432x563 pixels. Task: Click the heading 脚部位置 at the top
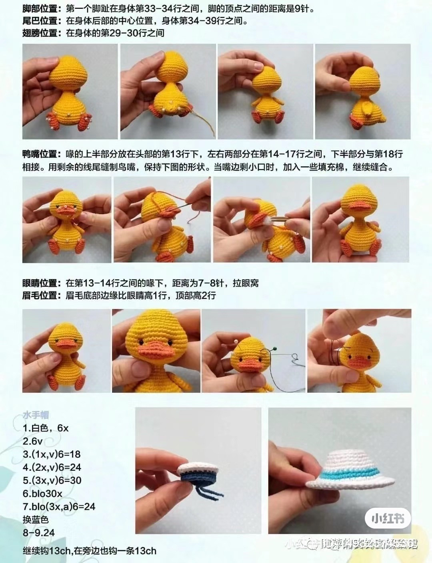pyautogui.click(x=42, y=8)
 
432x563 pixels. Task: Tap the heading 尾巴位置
pyautogui.click(x=42, y=21)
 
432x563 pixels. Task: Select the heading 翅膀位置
pyautogui.click(x=42, y=33)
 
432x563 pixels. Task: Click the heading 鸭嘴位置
pyautogui.click(x=42, y=154)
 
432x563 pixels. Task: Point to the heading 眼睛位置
pyautogui.click(x=42, y=283)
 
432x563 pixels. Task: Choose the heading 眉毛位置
pyautogui.click(x=42, y=296)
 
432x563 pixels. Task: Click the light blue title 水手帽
pyautogui.click(x=36, y=415)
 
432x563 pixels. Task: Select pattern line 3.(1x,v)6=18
pyautogui.click(x=52, y=454)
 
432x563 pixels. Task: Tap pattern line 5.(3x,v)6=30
pyautogui.click(x=52, y=480)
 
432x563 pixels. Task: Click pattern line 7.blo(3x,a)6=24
pyautogui.click(x=59, y=506)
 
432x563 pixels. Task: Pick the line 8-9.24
pyautogui.click(x=38, y=533)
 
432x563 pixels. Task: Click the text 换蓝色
pyautogui.click(x=36, y=520)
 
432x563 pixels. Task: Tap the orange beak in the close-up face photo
pyautogui.click(x=154, y=351)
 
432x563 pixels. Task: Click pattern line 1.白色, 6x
pyautogui.click(x=46, y=428)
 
